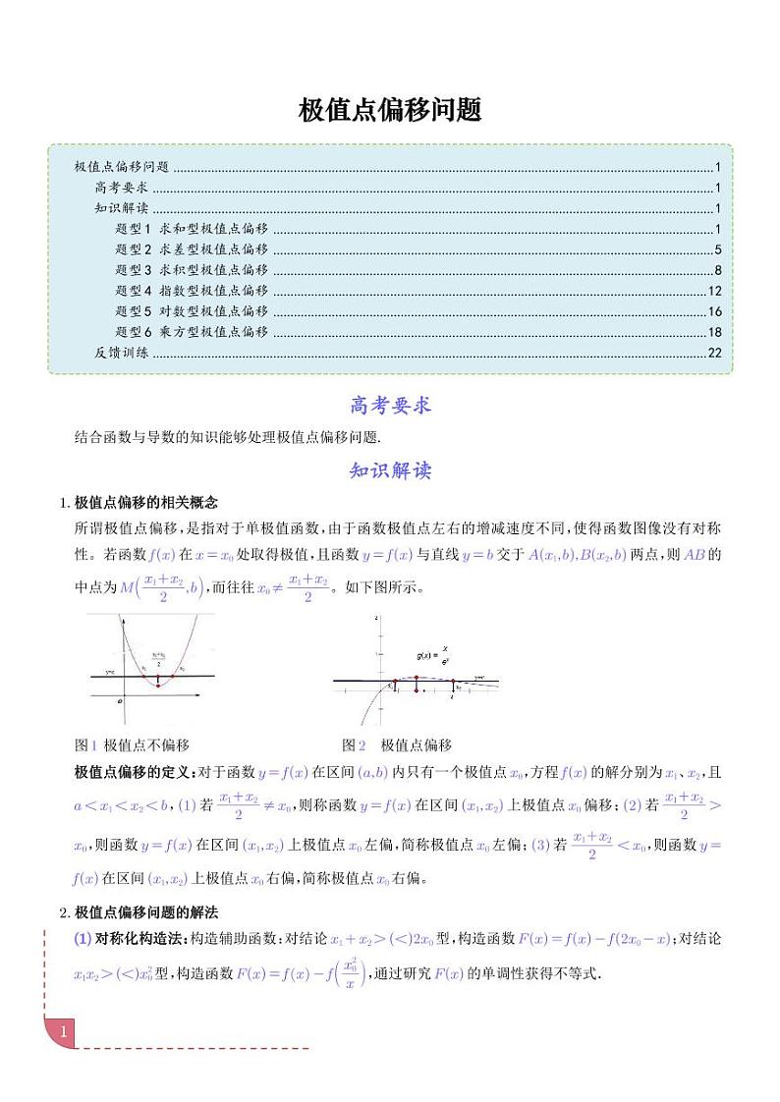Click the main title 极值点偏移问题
point(390,110)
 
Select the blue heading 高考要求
point(390,405)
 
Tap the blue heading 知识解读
point(390,470)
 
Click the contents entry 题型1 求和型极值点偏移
point(192,229)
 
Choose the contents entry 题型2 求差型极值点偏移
point(192,249)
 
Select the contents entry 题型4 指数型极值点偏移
point(192,291)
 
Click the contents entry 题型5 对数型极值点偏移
point(192,311)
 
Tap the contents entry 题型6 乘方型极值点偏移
point(192,332)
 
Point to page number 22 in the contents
point(714,353)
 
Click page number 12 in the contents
point(714,291)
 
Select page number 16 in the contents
point(714,311)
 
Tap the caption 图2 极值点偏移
point(396,745)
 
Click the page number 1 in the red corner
point(63,1032)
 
